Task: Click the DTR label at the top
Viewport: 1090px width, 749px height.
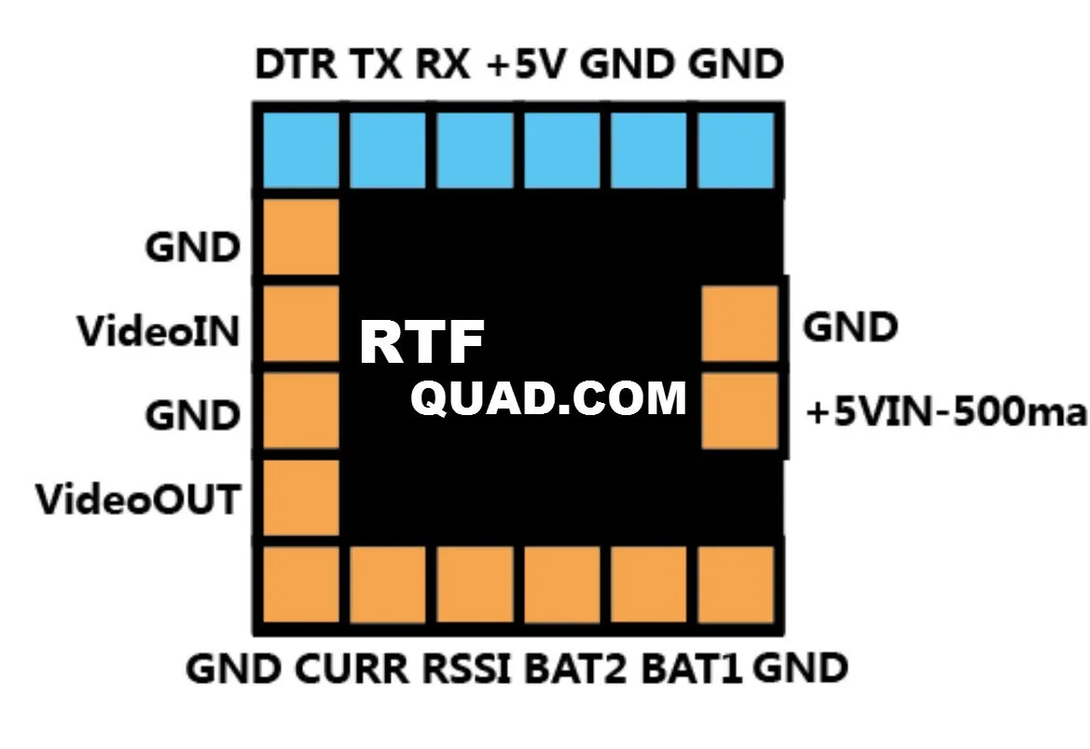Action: coord(298,65)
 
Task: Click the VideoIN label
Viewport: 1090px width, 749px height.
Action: coord(159,330)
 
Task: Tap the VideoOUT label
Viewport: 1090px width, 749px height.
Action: coord(137,499)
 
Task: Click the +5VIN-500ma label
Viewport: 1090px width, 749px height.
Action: coord(945,413)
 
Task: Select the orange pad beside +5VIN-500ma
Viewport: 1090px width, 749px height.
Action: coord(739,410)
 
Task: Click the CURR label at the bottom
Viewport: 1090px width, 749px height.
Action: coord(352,669)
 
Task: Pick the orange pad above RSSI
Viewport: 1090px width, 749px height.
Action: coord(476,585)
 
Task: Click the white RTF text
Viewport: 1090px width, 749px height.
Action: coord(421,343)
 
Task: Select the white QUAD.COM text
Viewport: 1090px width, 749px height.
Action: coord(548,398)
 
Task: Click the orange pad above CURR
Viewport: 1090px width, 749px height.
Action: coord(388,585)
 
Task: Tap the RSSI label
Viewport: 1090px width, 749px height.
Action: coord(468,669)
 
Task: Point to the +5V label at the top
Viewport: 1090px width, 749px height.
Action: coord(528,65)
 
